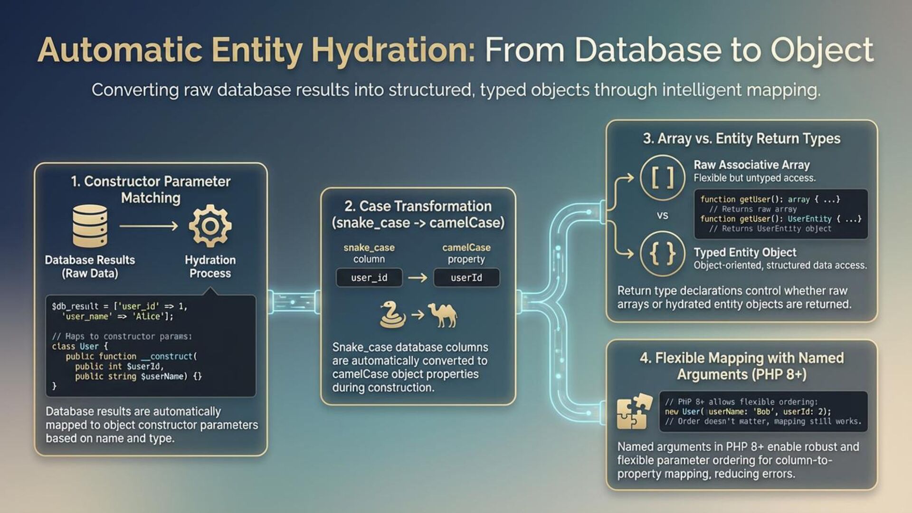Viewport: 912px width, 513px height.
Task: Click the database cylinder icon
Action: click(90, 226)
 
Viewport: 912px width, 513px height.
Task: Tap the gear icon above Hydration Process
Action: click(210, 226)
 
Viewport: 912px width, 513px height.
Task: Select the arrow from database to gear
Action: click(149, 226)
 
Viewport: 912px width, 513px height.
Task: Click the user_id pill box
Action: click(369, 277)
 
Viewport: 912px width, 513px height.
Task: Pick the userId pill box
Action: click(466, 277)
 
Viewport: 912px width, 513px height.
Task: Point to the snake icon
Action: click(392, 314)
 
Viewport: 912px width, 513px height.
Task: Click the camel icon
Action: click(443, 314)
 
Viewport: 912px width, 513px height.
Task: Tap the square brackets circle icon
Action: click(662, 178)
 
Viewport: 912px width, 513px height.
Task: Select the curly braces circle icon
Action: click(662, 254)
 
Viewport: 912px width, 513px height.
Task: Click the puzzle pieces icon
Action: click(634, 411)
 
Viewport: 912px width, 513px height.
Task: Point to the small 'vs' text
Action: click(662, 216)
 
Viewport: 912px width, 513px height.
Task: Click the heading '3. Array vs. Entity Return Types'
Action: click(741, 138)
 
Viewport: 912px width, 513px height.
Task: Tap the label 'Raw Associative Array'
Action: click(751, 165)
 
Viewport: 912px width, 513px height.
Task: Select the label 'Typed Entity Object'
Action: click(745, 252)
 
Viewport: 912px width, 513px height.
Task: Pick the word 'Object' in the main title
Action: click(822, 50)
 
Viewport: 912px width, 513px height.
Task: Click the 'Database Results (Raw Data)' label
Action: click(90, 266)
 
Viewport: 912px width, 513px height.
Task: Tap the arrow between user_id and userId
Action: click(418, 277)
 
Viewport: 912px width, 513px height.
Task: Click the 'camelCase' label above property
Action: click(466, 247)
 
